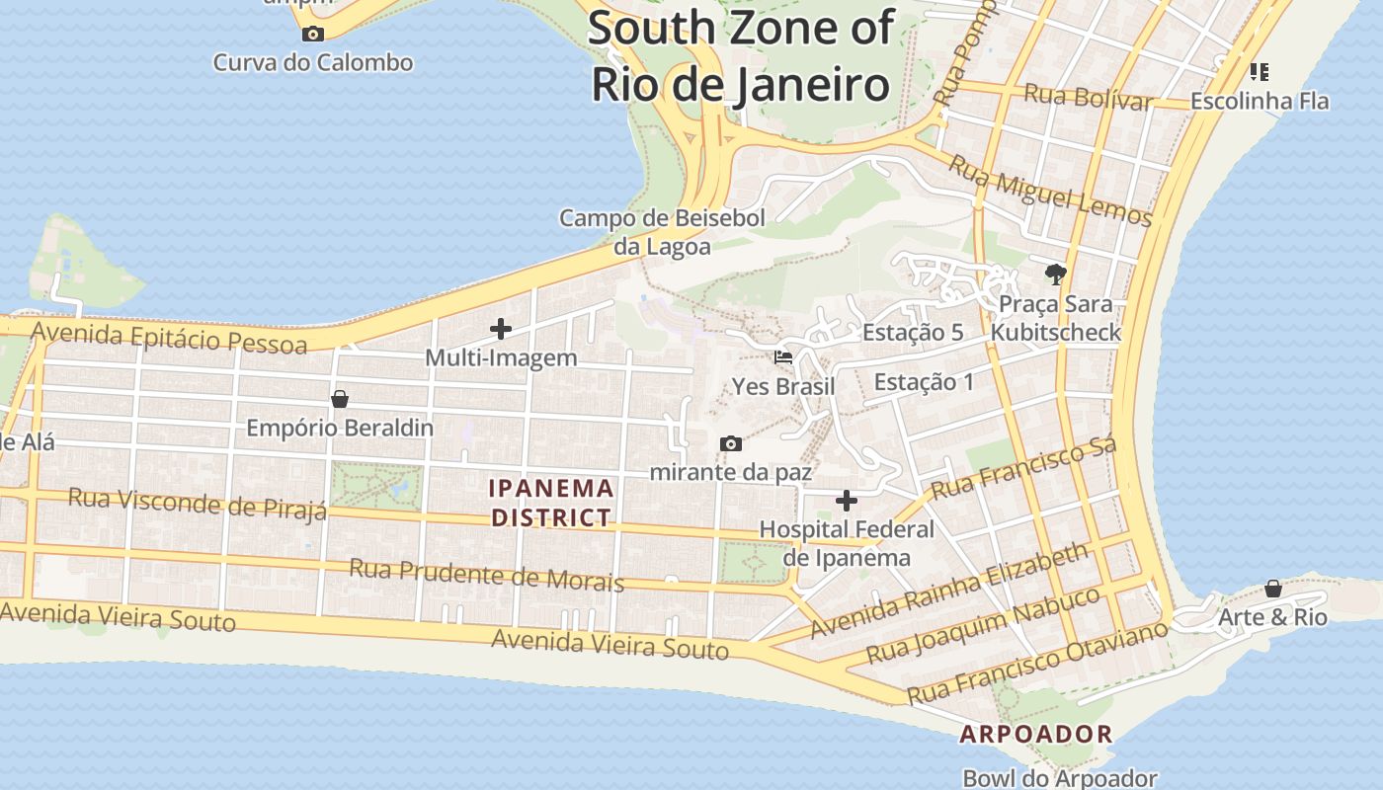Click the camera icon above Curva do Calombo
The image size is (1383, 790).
[312, 35]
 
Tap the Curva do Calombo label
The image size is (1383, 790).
[313, 62]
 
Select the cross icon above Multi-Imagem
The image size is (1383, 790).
[501, 329]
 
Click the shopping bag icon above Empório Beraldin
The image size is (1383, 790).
[340, 399]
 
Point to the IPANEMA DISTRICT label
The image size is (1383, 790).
[552, 503]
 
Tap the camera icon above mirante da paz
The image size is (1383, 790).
[730, 443]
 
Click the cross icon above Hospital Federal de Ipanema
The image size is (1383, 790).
[847, 501]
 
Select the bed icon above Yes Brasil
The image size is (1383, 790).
[783, 357]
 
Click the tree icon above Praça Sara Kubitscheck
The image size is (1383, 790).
[1056, 274]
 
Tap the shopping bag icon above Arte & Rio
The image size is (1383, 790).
[1273, 589]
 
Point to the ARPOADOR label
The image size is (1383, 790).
[1036, 735]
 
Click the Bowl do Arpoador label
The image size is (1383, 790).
[1059, 778]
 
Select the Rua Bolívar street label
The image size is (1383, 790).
[1088, 97]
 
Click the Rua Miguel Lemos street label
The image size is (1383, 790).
[1050, 189]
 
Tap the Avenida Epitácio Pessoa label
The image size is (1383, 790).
[169, 338]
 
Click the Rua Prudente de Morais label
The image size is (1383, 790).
[486, 575]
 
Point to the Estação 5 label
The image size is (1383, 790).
[912, 333]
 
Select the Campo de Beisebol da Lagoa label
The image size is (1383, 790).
[662, 232]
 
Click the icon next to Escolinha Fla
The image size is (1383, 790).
[1259, 71]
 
